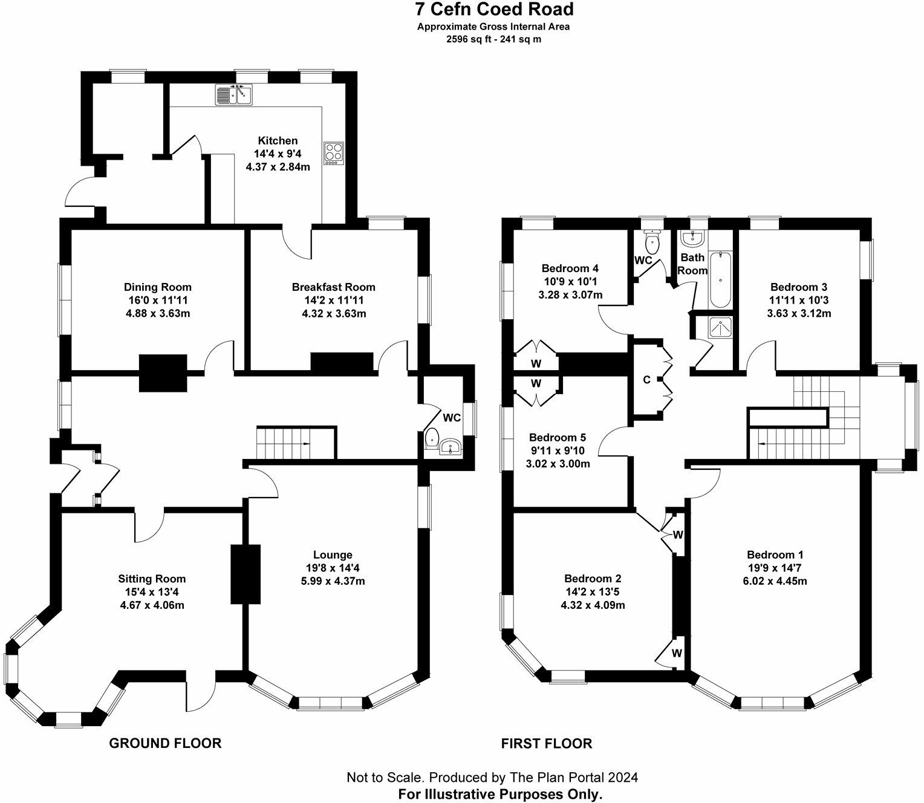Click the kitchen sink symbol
click(234, 95)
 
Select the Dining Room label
click(158, 287)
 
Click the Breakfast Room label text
click(333, 287)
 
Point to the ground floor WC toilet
click(432, 437)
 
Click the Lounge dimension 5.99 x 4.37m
click(333, 581)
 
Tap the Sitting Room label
click(152, 579)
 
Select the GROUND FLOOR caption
click(165, 743)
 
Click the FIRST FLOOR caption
click(547, 743)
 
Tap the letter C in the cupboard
click(646, 380)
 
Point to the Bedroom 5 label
click(558, 437)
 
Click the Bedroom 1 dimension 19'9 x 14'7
click(775, 568)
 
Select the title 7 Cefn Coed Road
click(495, 9)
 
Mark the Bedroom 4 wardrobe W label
click(536, 363)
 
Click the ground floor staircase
click(295, 443)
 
